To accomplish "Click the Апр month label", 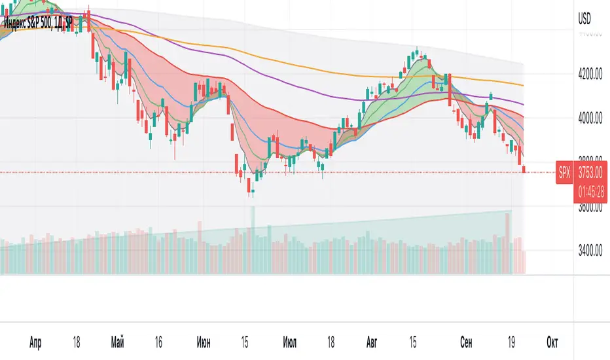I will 37,342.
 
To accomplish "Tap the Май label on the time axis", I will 118,342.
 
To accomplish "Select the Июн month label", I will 204,342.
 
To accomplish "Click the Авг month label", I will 371,342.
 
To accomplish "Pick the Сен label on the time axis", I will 465,342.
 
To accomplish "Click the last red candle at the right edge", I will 524,169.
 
